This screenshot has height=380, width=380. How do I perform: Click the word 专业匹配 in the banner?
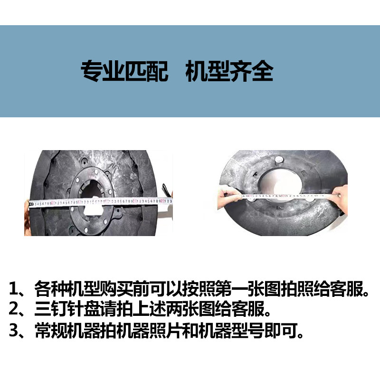125,71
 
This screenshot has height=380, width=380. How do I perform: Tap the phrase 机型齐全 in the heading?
229,71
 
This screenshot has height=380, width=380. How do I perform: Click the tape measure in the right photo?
280,195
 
